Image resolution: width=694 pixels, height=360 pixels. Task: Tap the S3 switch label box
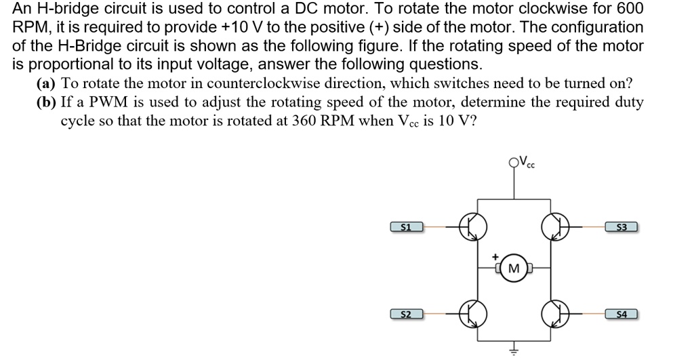(x=621, y=226)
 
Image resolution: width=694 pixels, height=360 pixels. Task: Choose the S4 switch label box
(x=621, y=314)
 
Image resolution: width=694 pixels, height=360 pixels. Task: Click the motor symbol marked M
(x=514, y=270)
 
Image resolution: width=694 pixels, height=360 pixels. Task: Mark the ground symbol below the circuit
(x=514, y=350)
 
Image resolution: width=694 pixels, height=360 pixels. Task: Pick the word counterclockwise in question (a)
(x=262, y=83)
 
